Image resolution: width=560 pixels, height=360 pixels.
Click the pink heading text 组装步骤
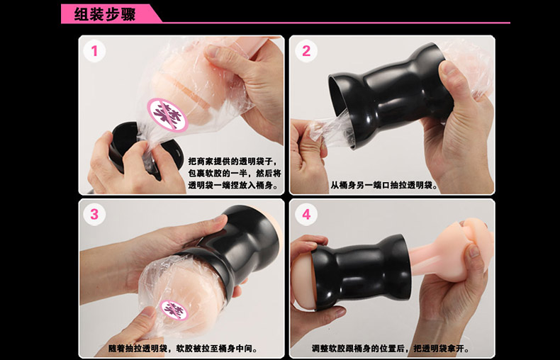[x=105, y=14]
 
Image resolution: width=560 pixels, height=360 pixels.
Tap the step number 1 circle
[x=94, y=51]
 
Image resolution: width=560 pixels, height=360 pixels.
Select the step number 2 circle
[x=306, y=51]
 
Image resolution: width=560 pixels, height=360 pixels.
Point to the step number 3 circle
[x=94, y=214]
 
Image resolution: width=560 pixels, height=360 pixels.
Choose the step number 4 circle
[x=306, y=214]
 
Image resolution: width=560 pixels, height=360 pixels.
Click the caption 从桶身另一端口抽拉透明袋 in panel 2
[x=384, y=186]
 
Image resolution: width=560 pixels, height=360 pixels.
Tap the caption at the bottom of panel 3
[x=182, y=349]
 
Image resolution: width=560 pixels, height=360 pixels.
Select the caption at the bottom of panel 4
[x=391, y=349]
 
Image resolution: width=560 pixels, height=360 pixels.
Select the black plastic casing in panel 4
[x=361, y=271]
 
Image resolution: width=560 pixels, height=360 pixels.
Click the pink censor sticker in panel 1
[x=167, y=115]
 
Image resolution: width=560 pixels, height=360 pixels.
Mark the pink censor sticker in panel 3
[x=174, y=310]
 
